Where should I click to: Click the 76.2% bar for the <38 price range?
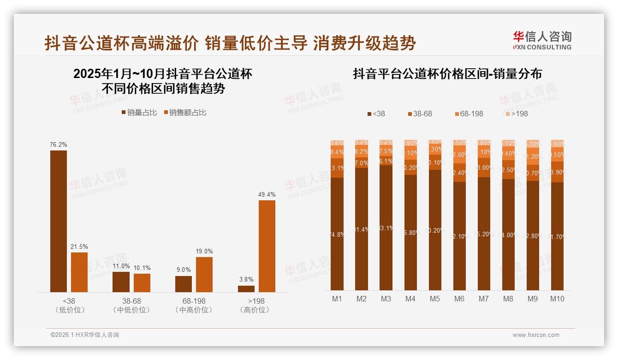pos(59,221)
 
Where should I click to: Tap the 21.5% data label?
pos(79,247)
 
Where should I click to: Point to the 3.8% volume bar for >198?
pos(246,289)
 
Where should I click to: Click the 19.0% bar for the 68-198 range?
pos(204,274)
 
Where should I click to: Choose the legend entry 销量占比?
pos(139,113)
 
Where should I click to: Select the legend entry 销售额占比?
pos(185,113)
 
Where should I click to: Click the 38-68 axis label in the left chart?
pos(131,301)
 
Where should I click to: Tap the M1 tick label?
pos(337,299)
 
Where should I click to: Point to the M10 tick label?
pos(557,299)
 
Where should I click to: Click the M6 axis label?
pos(459,299)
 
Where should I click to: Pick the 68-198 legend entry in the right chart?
pos(468,114)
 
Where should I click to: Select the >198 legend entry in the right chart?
pos(516,114)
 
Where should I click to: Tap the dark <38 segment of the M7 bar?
pos(484,234)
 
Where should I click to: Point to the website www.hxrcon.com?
pos(536,335)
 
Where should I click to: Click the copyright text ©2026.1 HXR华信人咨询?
pos(85,335)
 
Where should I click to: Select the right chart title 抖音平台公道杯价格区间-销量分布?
pos(447,74)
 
